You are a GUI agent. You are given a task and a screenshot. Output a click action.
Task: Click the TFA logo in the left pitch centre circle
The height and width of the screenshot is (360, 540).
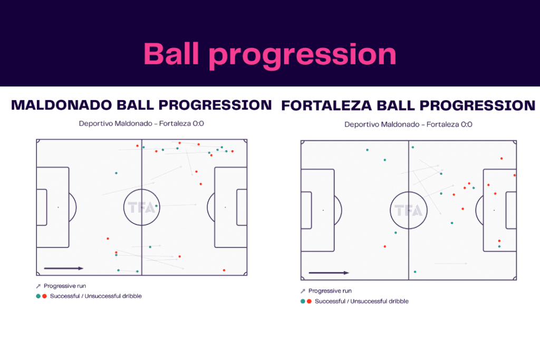142,207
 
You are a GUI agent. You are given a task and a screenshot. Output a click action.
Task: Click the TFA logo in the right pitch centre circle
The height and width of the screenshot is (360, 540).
408,210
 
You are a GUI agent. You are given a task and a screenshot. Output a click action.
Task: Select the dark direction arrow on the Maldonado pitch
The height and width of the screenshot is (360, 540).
63,268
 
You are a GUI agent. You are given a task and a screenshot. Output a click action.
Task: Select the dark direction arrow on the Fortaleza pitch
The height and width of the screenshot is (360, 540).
329,273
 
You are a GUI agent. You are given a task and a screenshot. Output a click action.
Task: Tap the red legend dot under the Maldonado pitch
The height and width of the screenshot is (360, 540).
44,296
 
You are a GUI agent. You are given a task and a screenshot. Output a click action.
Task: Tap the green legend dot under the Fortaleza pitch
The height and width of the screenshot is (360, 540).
303,301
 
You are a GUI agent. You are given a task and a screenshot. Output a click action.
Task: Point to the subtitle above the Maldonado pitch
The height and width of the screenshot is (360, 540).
141,124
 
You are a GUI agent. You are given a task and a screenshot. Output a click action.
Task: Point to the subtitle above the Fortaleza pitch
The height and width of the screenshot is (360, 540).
408,125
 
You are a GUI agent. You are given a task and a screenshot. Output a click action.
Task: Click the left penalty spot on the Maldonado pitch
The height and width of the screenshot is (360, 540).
58,207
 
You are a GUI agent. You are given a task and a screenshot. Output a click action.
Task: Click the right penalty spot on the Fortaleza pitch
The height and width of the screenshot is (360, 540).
494,210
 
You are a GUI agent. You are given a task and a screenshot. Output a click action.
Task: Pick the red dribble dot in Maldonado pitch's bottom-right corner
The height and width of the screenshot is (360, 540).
224,270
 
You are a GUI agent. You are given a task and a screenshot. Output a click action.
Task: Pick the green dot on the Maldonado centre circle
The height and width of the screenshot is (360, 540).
157,206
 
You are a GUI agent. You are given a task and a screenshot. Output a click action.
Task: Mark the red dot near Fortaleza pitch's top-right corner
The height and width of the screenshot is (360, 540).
502,158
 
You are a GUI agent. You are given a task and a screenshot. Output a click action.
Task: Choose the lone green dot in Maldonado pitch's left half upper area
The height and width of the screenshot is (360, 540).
116,173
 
